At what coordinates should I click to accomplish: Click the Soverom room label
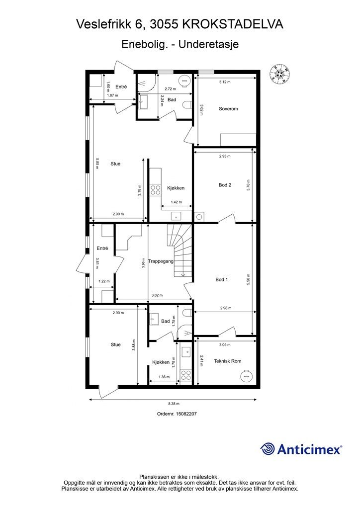pyautogui.click(x=228, y=109)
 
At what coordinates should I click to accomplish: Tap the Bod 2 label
pyautogui.click(x=225, y=185)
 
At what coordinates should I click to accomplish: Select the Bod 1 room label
pyautogui.click(x=222, y=279)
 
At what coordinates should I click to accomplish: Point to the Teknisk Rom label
pyautogui.click(x=228, y=361)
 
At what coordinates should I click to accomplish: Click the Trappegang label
pyautogui.click(x=161, y=261)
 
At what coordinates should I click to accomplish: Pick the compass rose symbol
pyautogui.click(x=280, y=74)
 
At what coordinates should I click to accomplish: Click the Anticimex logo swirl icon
pyautogui.click(x=267, y=449)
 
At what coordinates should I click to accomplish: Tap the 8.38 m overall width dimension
pyautogui.click(x=174, y=404)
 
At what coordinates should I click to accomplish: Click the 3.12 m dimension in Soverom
pyautogui.click(x=225, y=82)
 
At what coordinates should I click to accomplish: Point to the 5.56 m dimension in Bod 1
pyautogui.click(x=248, y=279)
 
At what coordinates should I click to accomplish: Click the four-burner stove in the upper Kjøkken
pyautogui.click(x=156, y=190)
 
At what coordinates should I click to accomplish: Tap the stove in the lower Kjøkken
pyautogui.click(x=186, y=375)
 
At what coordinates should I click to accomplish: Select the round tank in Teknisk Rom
pyautogui.click(x=246, y=376)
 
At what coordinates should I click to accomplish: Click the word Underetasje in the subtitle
pyautogui.click(x=209, y=44)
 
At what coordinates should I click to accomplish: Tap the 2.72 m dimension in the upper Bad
pyautogui.click(x=170, y=88)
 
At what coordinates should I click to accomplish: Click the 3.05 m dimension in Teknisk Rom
pyautogui.click(x=225, y=345)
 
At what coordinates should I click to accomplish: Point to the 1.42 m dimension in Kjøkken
pyautogui.click(x=176, y=202)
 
